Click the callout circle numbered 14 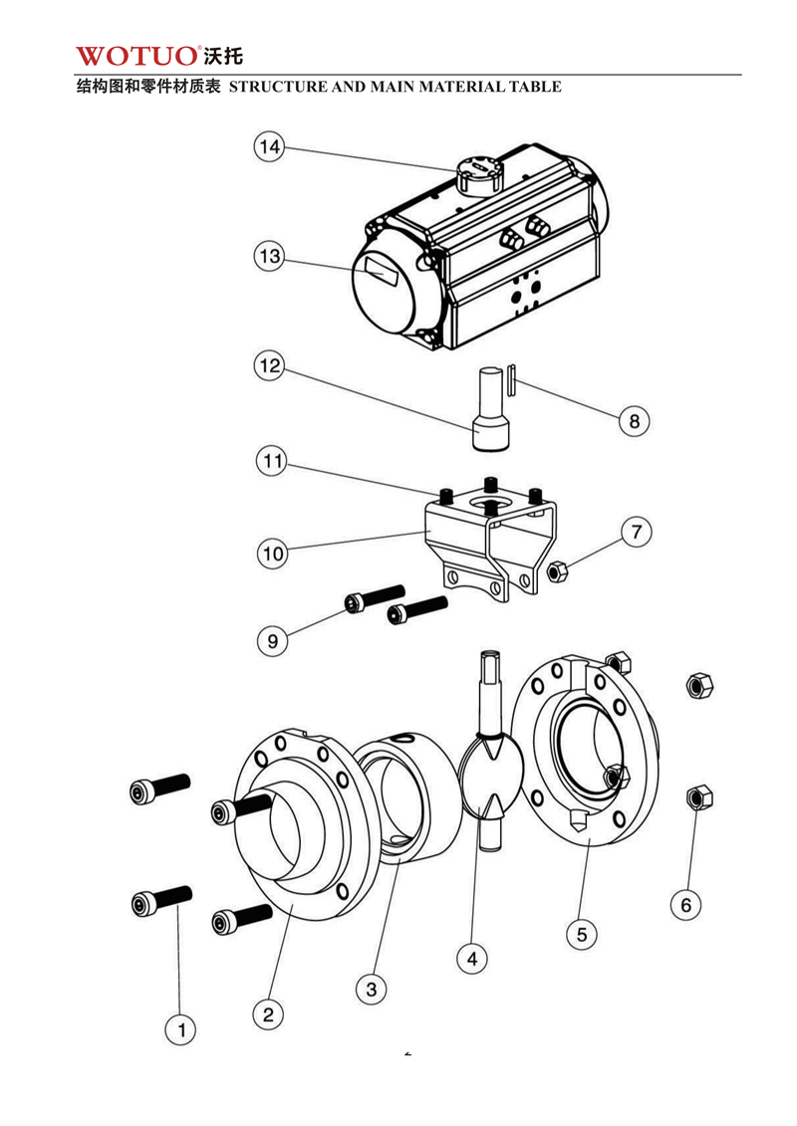click(x=268, y=147)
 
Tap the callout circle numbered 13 click(x=268, y=257)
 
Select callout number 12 click(x=268, y=366)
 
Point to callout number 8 click(x=634, y=420)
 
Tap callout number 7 click(x=637, y=532)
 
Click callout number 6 click(x=685, y=905)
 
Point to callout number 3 click(x=371, y=989)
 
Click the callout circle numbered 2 click(x=268, y=1014)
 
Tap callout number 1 click(x=180, y=1029)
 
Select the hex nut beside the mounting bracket click(x=558, y=571)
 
